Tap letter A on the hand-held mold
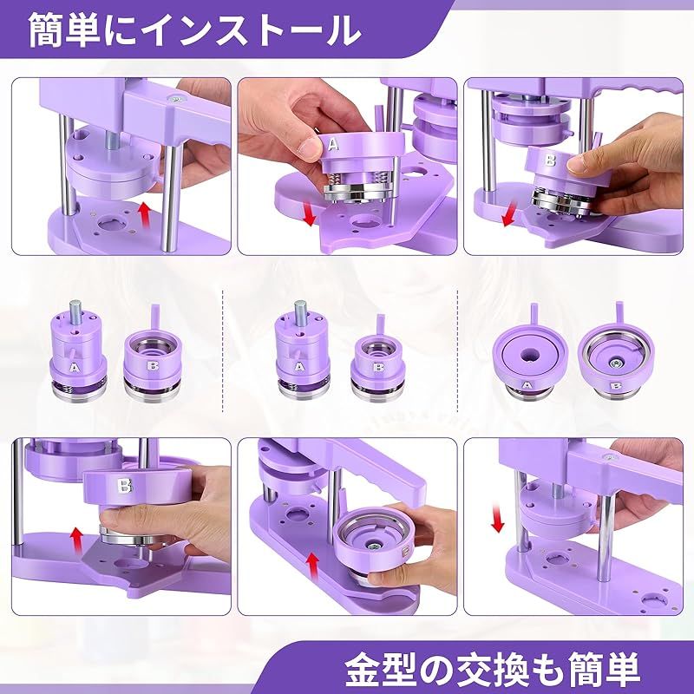coord(332,143)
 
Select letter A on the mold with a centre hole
coord(527,384)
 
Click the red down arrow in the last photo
coord(497,520)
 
